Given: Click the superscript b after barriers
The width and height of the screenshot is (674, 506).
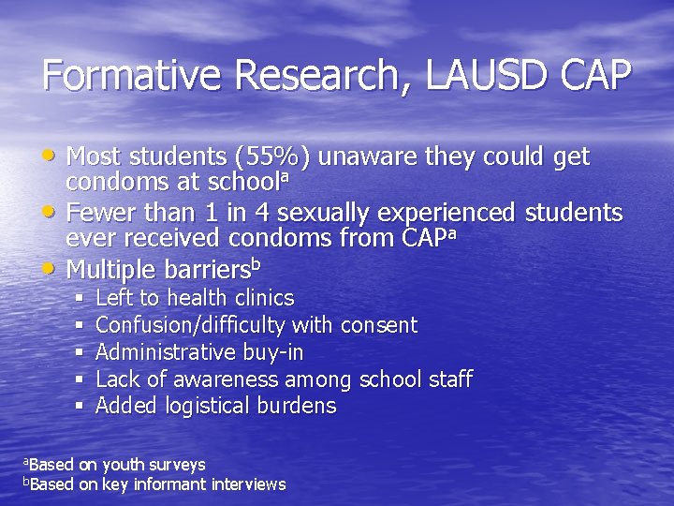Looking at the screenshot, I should (256, 263).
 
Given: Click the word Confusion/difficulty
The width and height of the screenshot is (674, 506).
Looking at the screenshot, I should (192, 326).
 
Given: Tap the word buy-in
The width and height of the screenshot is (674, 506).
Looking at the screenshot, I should (272, 352).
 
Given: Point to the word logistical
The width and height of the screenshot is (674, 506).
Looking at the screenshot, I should (208, 407).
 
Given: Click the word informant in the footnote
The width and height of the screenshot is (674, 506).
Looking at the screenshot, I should (168, 484).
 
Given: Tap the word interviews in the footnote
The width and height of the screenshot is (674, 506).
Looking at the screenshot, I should (250, 484).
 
